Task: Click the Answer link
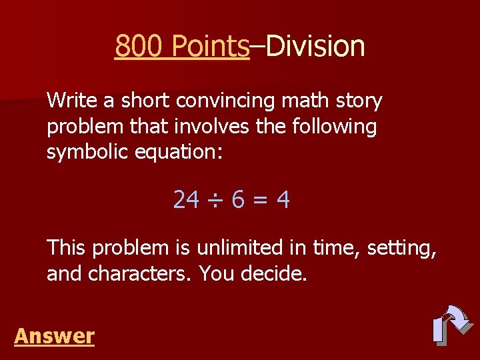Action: [x=54, y=336]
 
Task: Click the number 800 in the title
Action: [x=139, y=47]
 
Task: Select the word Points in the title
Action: [x=210, y=47]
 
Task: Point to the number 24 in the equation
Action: [x=185, y=199]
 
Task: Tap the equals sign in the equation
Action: [x=261, y=199]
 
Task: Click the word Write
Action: [x=71, y=101]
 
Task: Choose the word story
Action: [x=361, y=101]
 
